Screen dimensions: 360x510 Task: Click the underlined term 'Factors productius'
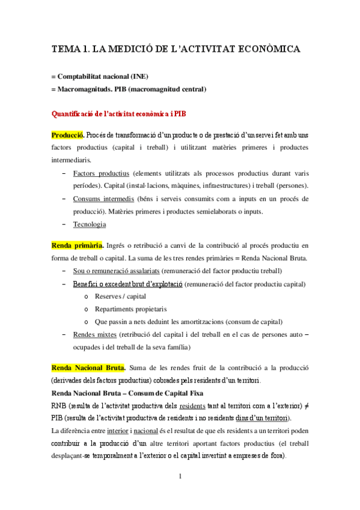pyautogui.click(x=101, y=173)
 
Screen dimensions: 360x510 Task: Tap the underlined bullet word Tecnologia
pyautogui.click(x=90, y=224)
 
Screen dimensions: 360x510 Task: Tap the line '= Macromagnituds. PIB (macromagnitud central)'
pyautogui.click(x=129, y=90)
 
